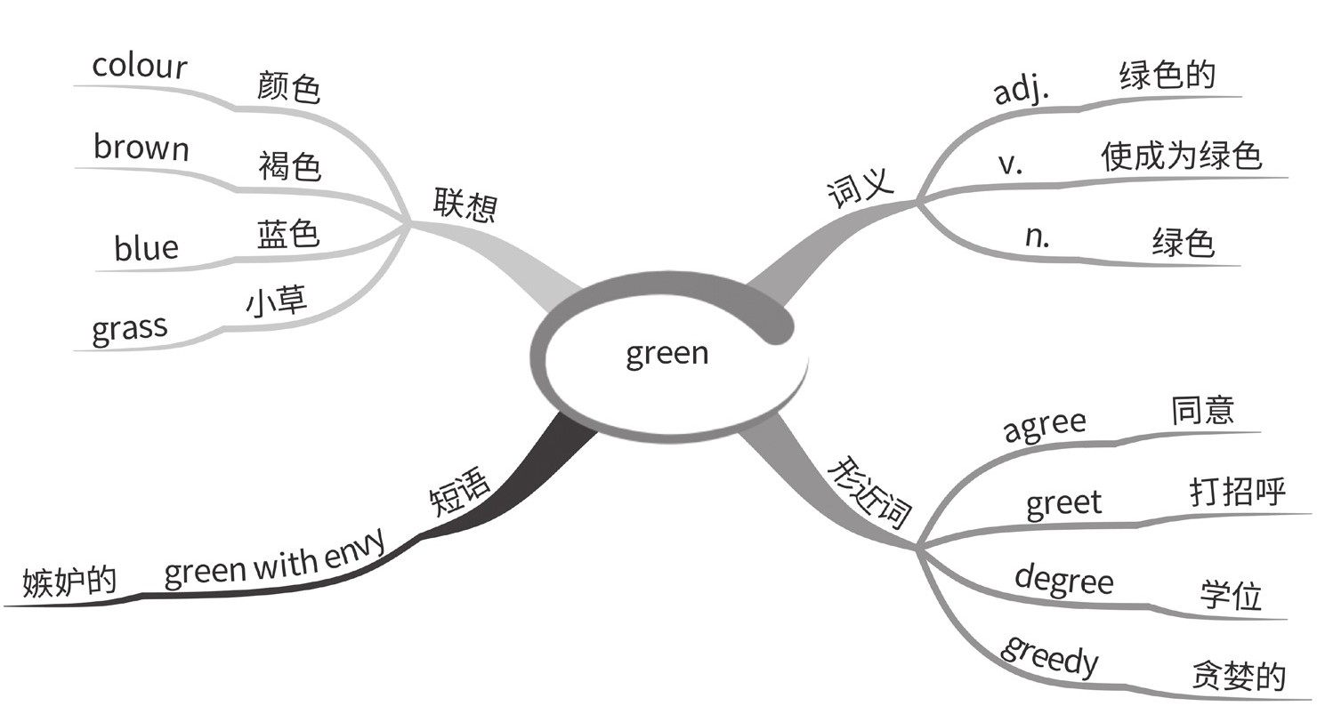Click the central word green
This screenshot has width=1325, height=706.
667,354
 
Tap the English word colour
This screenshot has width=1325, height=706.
140,67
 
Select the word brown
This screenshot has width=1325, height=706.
141,148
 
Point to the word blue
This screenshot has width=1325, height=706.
146,248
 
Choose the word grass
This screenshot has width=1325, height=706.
129,329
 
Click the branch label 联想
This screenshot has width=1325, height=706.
465,204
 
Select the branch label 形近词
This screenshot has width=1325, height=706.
871,493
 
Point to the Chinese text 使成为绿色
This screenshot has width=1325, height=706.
1181,156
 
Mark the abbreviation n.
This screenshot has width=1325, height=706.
1037,236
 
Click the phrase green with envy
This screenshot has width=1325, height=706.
275,560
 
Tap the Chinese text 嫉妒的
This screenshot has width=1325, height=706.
69,581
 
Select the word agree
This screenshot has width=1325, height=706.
1045,425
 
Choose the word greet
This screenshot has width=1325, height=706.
1063,504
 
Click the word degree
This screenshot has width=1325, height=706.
1063,579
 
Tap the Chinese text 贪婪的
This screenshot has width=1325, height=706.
1238,676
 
